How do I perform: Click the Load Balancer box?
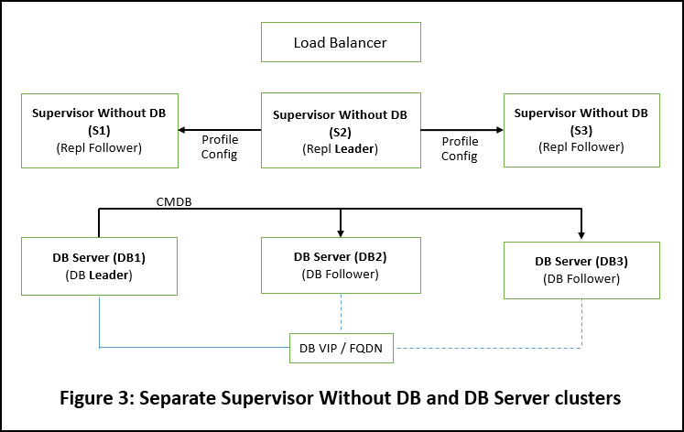341,43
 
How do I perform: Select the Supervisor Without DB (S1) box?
98,130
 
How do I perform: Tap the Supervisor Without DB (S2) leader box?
341,131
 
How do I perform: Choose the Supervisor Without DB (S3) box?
581,130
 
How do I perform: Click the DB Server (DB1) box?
98,266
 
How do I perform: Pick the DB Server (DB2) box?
341,265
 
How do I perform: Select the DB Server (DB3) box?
581,269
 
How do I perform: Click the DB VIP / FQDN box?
342,348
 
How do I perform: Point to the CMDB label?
175,200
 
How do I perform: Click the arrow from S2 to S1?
220,129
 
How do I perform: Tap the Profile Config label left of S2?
220,147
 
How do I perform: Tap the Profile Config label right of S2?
461,148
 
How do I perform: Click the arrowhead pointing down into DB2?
341,231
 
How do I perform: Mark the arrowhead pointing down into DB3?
581,233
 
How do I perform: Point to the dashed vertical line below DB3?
581,322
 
